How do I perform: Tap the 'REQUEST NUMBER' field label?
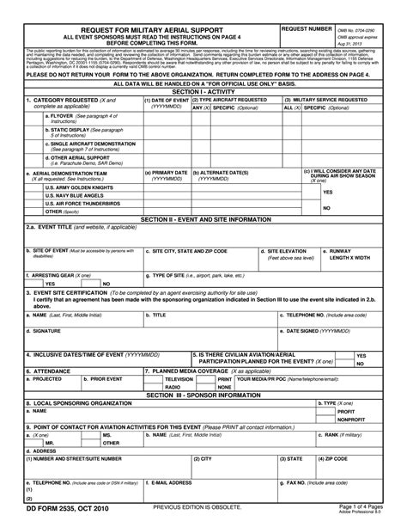click(307, 29)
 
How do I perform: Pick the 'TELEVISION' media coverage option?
click(179, 379)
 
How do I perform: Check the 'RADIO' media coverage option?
click(173, 387)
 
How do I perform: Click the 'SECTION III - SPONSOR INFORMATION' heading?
click(203, 395)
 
